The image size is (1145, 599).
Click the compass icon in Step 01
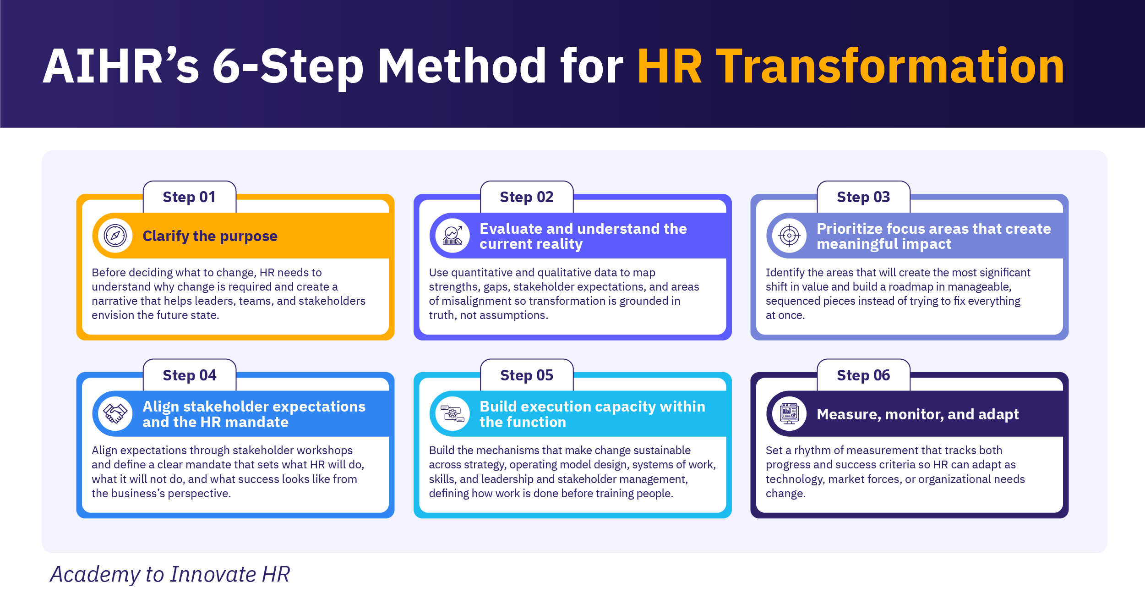click(115, 236)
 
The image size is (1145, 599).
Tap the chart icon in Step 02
click(453, 236)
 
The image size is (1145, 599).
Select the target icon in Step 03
click(789, 236)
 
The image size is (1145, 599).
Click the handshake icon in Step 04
click(115, 414)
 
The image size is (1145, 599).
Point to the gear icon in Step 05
click(453, 414)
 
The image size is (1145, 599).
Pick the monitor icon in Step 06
click(789, 414)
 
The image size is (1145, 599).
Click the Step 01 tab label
click(189, 197)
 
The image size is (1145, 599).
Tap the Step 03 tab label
click(863, 197)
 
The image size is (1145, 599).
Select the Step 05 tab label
click(527, 375)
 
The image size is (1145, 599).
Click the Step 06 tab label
click(863, 375)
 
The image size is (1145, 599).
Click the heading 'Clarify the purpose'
click(210, 236)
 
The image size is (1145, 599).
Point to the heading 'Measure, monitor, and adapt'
click(918, 414)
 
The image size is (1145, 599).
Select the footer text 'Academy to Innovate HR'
click(170, 574)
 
